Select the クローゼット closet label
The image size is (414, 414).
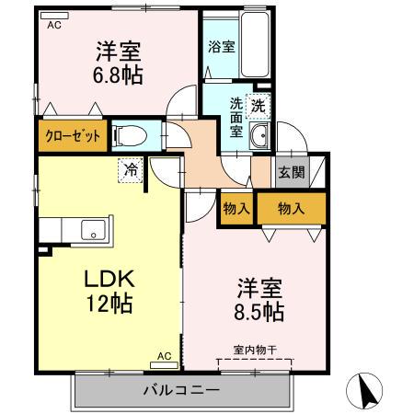point(73,134)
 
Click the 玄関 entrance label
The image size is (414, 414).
point(288,169)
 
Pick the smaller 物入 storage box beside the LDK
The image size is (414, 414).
point(236,208)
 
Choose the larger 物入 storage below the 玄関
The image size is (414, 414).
point(291,208)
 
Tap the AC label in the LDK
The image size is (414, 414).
point(164,355)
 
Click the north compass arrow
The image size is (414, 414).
point(366,391)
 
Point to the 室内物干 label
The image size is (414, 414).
point(250,350)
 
